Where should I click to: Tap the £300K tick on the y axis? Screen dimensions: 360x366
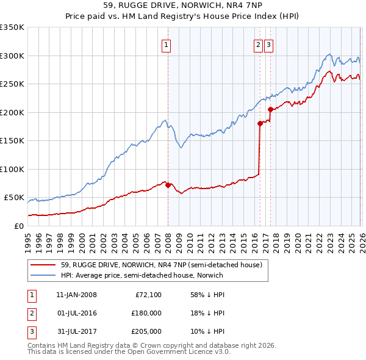(x=12, y=56)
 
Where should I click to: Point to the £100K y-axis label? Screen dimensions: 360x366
(x=12, y=169)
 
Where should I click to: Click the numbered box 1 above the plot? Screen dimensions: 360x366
(x=166, y=44)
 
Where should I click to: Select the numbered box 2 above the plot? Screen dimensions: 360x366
(x=258, y=44)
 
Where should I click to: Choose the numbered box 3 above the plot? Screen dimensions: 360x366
(x=269, y=44)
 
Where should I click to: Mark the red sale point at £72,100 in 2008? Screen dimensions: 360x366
(x=168, y=185)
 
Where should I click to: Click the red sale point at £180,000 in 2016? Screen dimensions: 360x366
(x=260, y=123)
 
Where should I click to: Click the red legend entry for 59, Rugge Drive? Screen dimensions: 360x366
(x=161, y=265)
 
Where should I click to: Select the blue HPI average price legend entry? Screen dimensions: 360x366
(x=142, y=275)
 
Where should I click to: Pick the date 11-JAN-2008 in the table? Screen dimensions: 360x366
(x=76, y=295)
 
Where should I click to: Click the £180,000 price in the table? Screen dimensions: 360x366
(x=146, y=313)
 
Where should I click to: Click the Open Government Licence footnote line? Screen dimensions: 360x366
(x=129, y=352)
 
